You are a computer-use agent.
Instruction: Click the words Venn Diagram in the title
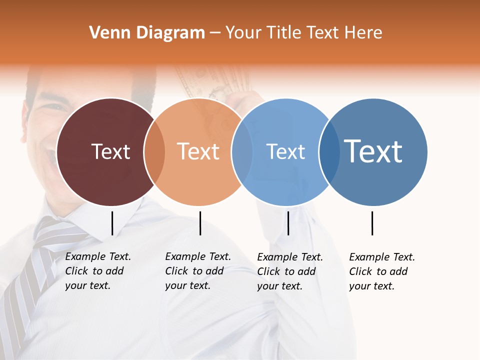[x=147, y=33]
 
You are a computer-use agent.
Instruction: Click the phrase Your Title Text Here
[x=303, y=33]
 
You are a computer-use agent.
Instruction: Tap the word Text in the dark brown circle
[x=110, y=151]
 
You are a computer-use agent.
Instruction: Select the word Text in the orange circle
[x=198, y=151]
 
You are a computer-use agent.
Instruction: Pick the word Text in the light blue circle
[x=285, y=151]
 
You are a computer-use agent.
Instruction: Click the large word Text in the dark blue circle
[x=373, y=151]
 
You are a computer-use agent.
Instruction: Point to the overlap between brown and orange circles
[x=154, y=152]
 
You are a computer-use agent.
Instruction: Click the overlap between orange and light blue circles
[x=242, y=152]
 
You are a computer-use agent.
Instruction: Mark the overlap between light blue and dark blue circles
[x=329, y=152]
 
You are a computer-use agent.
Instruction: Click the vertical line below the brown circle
[x=112, y=223]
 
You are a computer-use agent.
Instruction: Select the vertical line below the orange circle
[x=200, y=223]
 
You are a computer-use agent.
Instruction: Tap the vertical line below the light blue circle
[x=288, y=223]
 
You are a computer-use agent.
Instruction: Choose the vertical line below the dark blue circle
[x=372, y=223]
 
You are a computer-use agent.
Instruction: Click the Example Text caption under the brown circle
[x=97, y=271]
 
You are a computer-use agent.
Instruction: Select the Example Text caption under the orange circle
[x=197, y=271]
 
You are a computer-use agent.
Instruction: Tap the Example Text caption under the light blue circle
[x=289, y=271]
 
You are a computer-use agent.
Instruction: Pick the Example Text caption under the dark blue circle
[x=381, y=271]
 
